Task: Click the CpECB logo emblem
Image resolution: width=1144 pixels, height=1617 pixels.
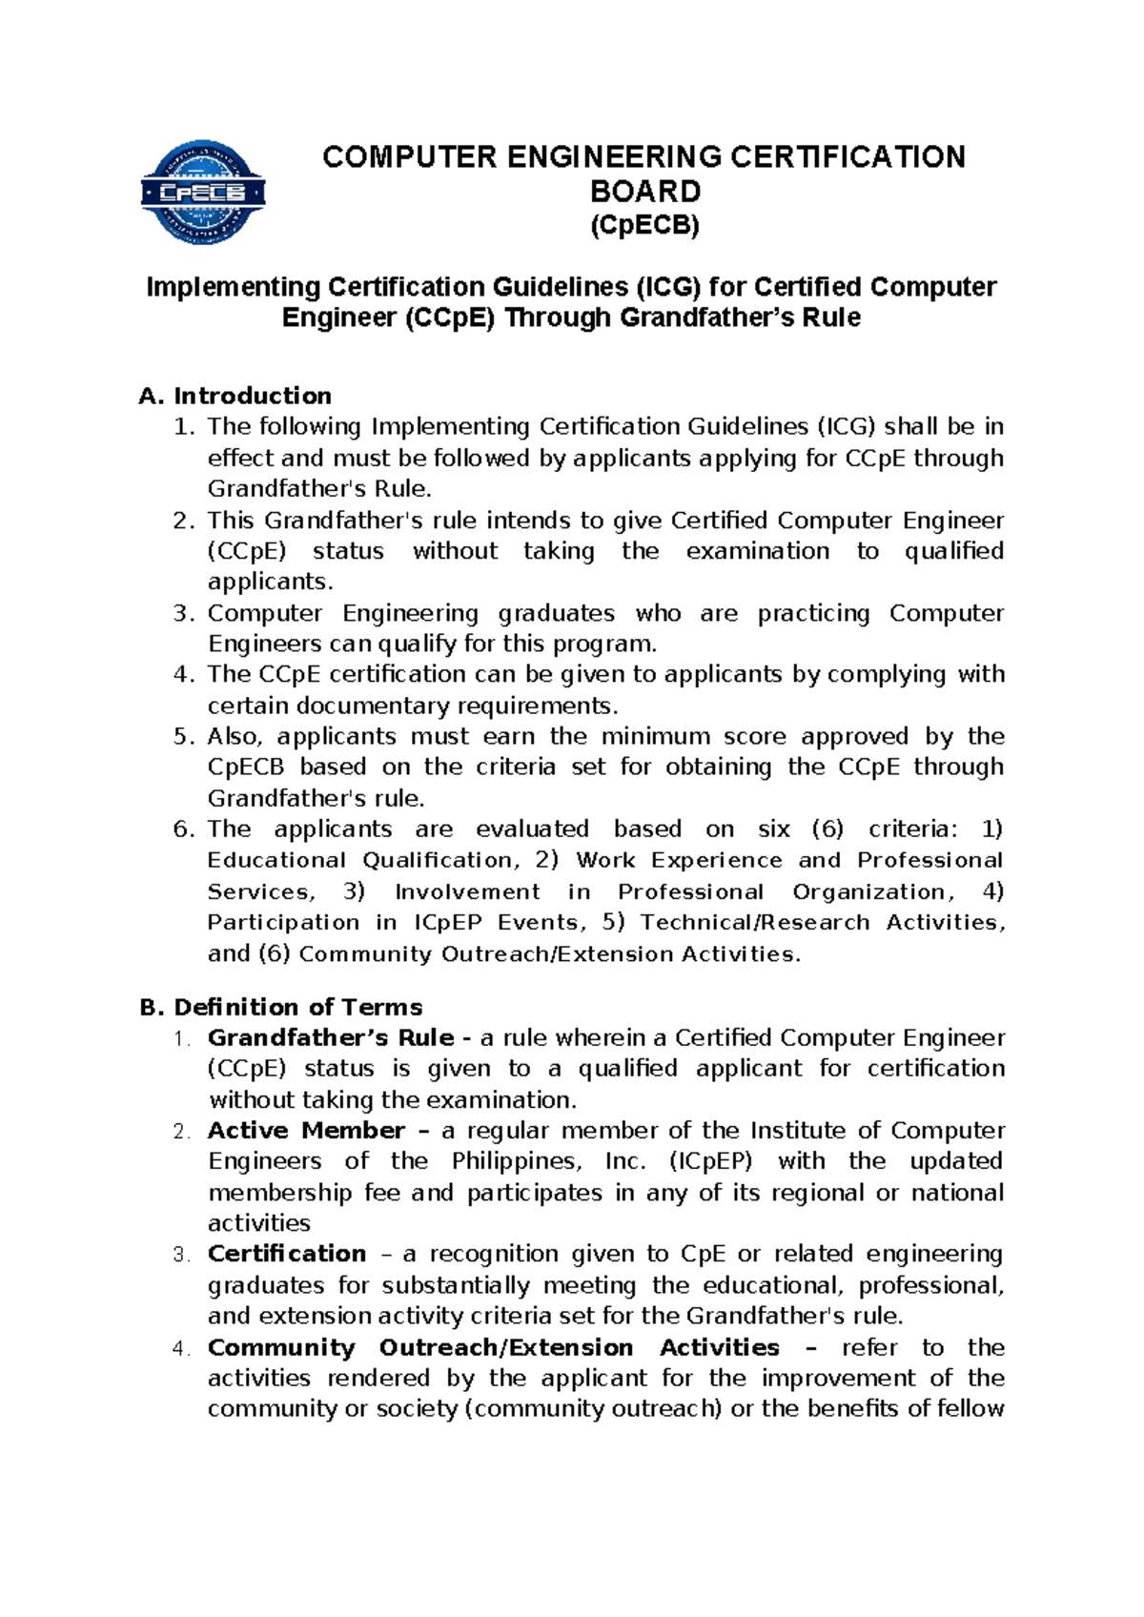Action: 202,193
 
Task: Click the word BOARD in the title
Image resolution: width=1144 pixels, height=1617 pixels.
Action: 644,192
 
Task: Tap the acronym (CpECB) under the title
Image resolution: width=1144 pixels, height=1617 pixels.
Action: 644,226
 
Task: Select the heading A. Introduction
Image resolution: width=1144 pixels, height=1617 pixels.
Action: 235,396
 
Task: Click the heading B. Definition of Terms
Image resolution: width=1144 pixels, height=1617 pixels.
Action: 281,1007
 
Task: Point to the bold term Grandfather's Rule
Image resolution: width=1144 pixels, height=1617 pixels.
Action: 330,1037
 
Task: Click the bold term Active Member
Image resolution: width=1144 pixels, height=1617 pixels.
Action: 306,1130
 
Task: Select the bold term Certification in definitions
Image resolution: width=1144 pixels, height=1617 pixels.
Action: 287,1254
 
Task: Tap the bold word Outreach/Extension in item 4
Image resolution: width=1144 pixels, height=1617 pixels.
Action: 505,1347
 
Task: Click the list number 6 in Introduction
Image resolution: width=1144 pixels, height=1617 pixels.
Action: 184,829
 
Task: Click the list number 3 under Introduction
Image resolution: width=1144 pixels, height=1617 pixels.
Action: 184,613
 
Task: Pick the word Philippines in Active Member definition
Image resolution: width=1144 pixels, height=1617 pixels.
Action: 516,1161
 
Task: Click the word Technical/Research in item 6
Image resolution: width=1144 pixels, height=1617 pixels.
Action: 754,922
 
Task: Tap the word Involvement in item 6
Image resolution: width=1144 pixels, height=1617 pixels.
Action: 466,891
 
